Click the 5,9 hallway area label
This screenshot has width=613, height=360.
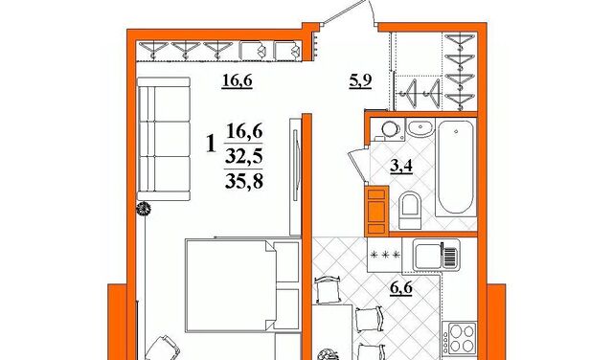click(360, 81)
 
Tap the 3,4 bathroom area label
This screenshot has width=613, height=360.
click(401, 167)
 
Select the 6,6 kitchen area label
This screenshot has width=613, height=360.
click(401, 289)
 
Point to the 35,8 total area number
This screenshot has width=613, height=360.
click(244, 181)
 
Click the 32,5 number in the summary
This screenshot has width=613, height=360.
click(244, 157)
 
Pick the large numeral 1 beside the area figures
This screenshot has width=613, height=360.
click(211, 144)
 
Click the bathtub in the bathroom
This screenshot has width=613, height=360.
click(456, 167)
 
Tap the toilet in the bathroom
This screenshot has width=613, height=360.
click(410, 210)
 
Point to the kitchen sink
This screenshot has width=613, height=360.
click(437, 256)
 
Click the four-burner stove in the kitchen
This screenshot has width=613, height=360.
click(460, 339)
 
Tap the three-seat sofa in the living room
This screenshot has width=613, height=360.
click(164, 139)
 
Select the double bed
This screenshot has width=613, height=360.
click(242, 286)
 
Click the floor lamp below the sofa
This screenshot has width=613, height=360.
click(144, 209)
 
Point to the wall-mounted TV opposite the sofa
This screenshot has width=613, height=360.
click(295, 177)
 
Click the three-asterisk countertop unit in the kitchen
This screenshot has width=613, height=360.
click(385, 255)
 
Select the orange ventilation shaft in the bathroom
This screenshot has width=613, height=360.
click(376, 211)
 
